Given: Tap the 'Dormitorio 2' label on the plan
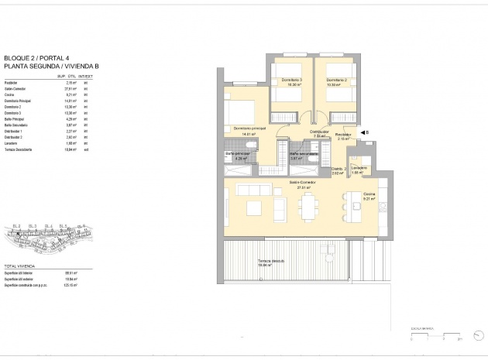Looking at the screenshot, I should coord(335,81).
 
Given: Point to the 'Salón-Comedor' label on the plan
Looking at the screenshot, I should coord(301,183).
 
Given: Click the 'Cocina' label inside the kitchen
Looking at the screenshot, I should coord(369,194).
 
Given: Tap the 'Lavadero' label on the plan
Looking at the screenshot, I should coord(358,168).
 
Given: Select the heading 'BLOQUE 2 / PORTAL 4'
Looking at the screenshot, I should coord(34,58).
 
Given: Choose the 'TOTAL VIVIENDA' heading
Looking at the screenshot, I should coord(21,265).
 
